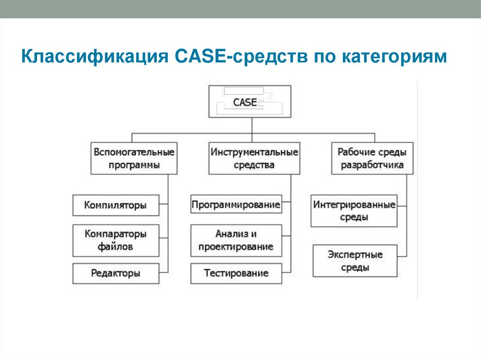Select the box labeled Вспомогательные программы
point(134,159)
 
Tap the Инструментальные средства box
point(254,159)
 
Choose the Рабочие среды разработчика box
point(372,159)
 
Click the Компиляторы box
point(116,205)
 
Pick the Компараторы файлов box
point(116,239)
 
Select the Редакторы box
point(116,273)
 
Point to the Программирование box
point(236,205)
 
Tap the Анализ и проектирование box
point(236,240)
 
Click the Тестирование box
point(236,273)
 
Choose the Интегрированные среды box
point(354,211)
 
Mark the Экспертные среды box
point(355,261)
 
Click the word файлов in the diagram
point(115,246)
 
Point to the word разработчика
point(372,165)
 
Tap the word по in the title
point(321,57)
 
